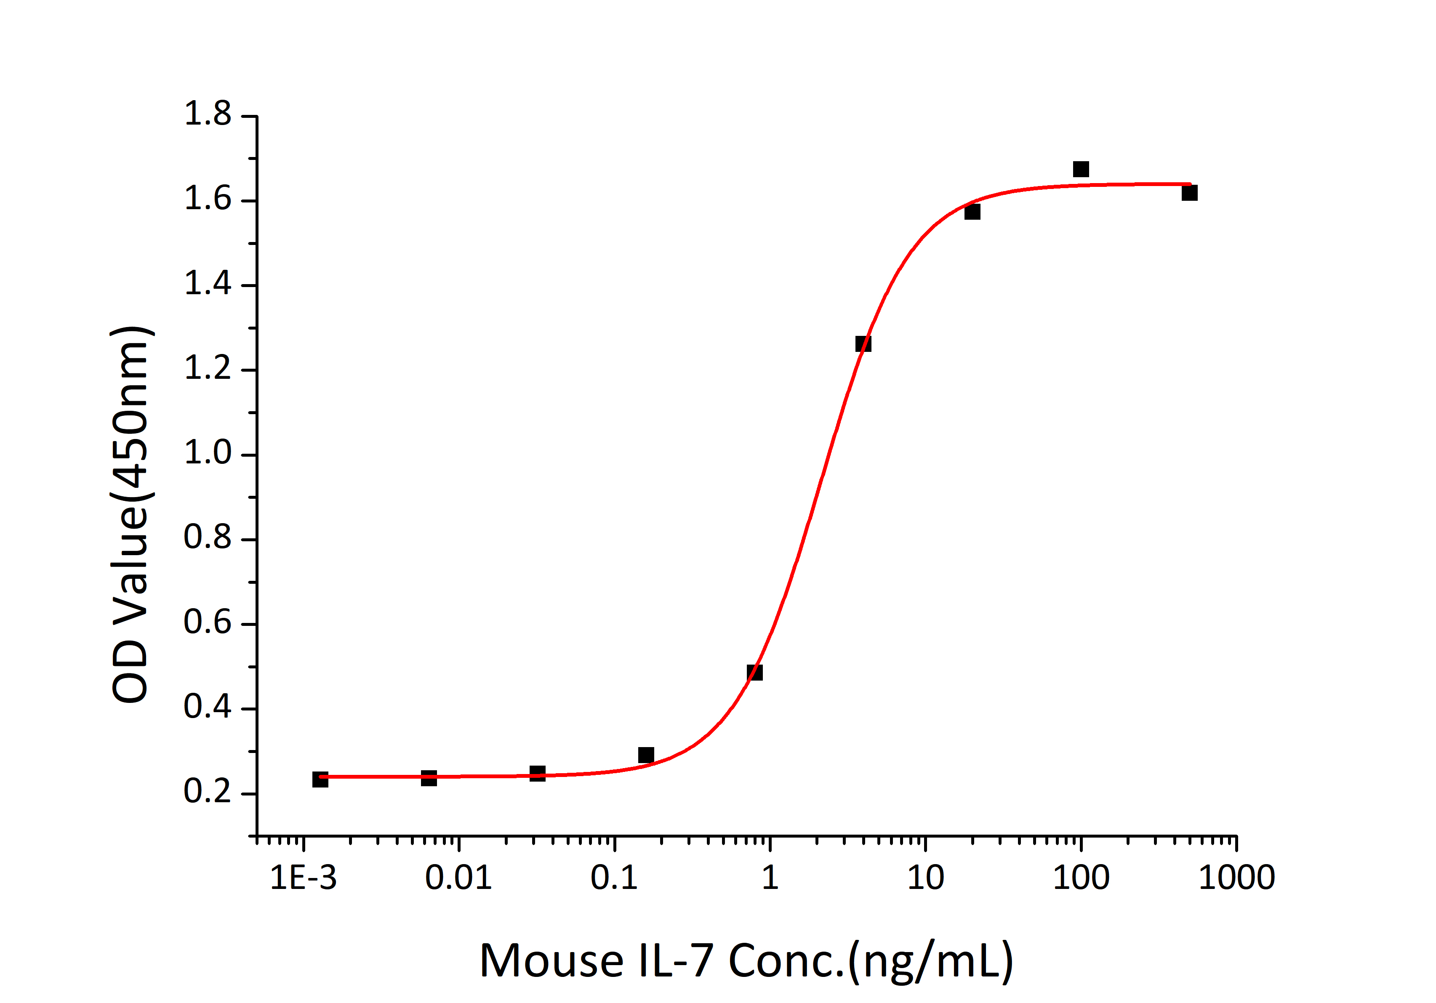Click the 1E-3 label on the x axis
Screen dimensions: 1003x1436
(x=304, y=878)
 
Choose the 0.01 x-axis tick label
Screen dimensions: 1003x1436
(x=458, y=878)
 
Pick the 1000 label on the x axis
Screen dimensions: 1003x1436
(x=1236, y=878)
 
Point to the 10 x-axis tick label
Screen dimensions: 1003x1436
(x=926, y=878)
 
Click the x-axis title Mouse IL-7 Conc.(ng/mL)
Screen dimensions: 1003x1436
(x=746, y=961)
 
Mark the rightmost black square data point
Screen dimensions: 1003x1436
(x=1190, y=193)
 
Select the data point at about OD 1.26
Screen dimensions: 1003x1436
(x=863, y=344)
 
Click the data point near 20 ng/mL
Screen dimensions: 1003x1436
(x=972, y=213)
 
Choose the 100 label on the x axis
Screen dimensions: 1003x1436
(x=1081, y=878)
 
